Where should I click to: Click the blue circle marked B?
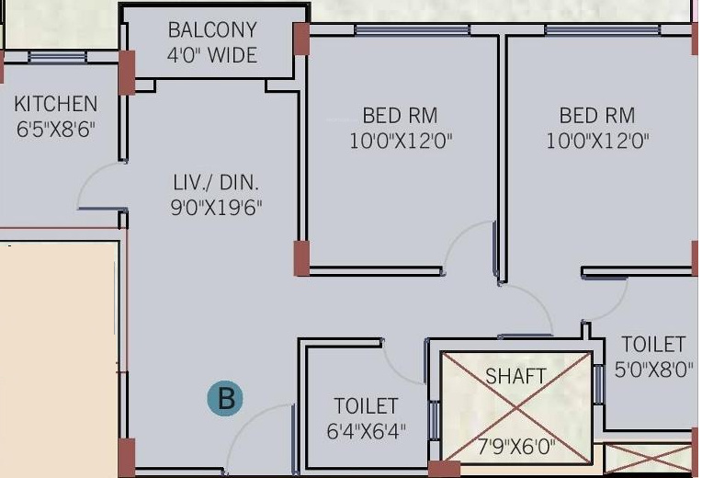coord(225,398)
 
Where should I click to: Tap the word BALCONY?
coord(212,30)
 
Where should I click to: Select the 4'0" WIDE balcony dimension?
coord(212,55)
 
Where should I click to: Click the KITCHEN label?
coord(55,104)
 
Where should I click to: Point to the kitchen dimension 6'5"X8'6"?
coord(56,130)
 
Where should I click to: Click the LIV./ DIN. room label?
coord(216,183)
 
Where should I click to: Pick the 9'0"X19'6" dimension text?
coord(216,208)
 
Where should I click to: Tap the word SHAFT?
coord(515,376)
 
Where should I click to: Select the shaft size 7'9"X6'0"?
coord(516,447)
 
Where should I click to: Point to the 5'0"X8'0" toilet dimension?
coord(653,370)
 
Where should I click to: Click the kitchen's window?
coord(57,57)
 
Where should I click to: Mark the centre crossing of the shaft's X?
coord(516,407)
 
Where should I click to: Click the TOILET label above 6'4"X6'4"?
coord(366,406)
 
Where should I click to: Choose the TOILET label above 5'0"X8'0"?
coord(653,345)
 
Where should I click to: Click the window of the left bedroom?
coord(412,30)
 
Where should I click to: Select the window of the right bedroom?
coord(603,30)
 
